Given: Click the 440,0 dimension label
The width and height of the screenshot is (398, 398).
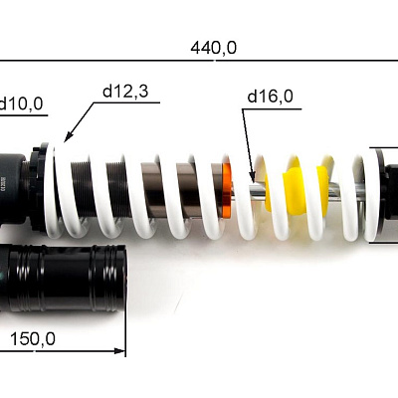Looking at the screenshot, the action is coord(214,48).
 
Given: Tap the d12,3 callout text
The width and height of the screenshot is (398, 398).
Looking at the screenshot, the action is coord(125,92).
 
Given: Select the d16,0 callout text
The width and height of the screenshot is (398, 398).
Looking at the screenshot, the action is coord(271,97).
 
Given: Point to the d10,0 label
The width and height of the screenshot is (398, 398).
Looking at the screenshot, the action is coord(22,103).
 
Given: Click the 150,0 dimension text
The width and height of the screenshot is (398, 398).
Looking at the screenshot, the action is coord(33,339).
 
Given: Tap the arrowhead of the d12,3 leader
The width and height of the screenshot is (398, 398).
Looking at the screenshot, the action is coord(68,137).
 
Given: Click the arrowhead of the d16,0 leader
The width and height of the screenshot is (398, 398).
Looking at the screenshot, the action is coord(252,175).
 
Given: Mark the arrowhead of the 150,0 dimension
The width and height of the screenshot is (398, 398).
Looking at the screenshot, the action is coord(119,350).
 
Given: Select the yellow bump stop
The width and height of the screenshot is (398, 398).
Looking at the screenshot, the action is coord(297,190).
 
